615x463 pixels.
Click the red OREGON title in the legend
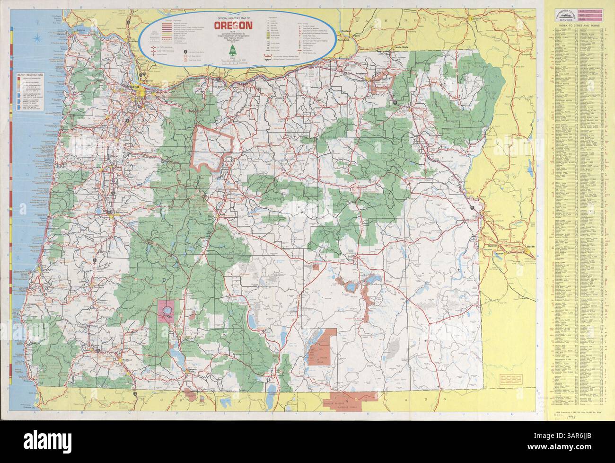pos(235,26)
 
